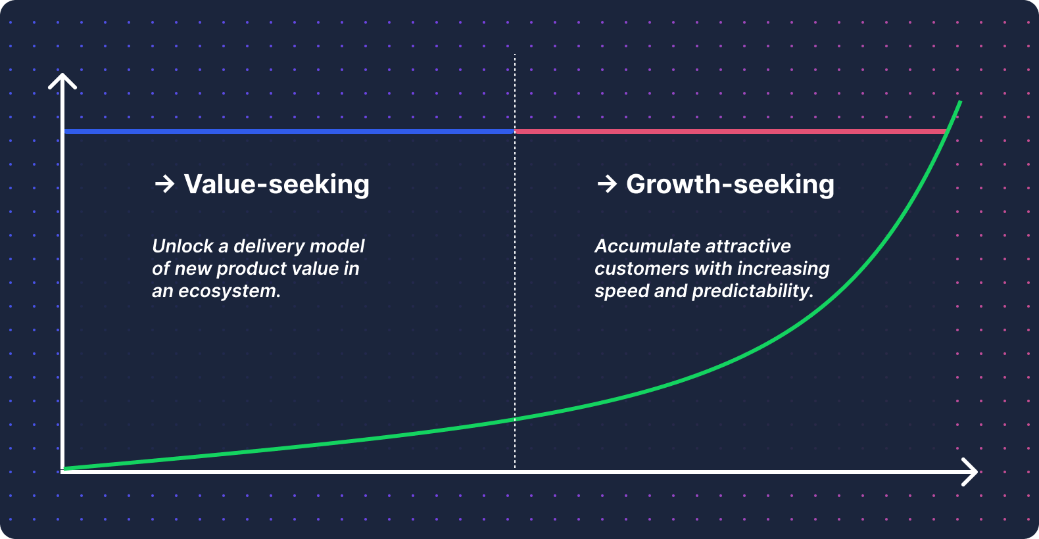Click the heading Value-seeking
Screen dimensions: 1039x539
point(276,185)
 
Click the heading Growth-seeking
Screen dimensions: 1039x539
point(730,185)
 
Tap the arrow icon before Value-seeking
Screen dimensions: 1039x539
point(164,184)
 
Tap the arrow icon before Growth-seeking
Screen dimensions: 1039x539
point(607,184)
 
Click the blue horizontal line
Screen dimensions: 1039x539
point(289,131)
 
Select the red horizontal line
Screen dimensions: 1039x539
point(731,131)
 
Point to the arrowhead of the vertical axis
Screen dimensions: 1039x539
point(62,75)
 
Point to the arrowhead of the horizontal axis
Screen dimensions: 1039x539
point(976,472)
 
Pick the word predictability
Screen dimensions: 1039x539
point(753,291)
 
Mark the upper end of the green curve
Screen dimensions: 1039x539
point(960,101)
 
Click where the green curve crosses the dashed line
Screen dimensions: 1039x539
point(515,419)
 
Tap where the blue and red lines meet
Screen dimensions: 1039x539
point(515,131)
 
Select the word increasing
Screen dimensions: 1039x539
point(783,269)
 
